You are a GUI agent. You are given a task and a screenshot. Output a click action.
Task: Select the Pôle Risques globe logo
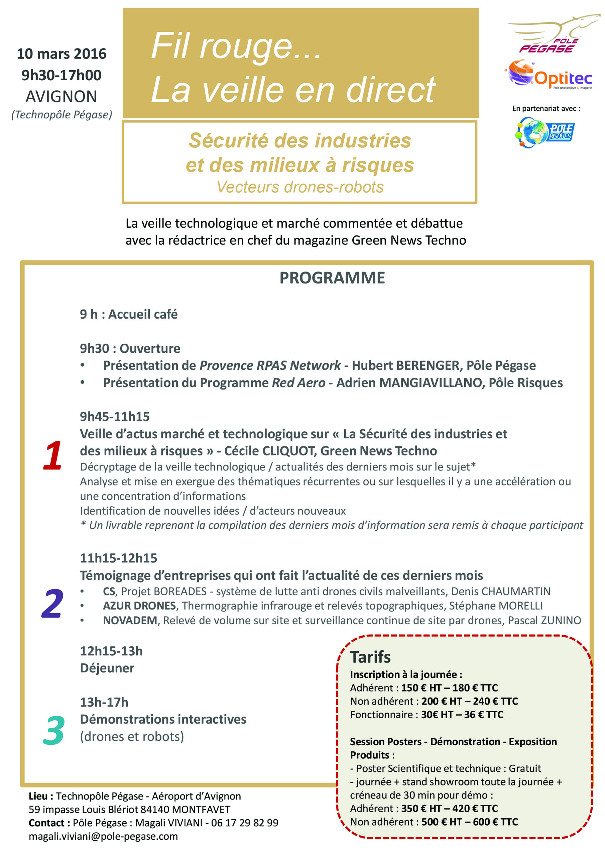pyautogui.click(x=544, y=132)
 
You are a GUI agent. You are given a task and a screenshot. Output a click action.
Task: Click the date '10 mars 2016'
pyautogui.click(x=62, y=54)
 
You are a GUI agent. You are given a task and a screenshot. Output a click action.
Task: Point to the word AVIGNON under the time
pyautogui.click(x=62, y=97)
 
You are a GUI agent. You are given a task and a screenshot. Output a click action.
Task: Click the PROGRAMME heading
pyautogui.click(x=332, y=278)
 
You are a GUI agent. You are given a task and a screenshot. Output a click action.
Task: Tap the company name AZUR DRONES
pyautogui.click(x=139, y=606)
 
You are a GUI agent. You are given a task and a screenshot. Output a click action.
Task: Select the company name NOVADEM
pyautogui.click(x=130, y=620)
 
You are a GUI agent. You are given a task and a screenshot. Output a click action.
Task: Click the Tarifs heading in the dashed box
pyautogui.click(x=370, y=657)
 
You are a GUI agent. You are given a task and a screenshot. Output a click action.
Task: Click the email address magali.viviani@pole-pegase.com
pyautogui.click(x=103, y=836)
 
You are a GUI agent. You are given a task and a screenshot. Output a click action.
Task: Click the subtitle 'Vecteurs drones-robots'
pyautogui.click(x=300, y=187)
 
